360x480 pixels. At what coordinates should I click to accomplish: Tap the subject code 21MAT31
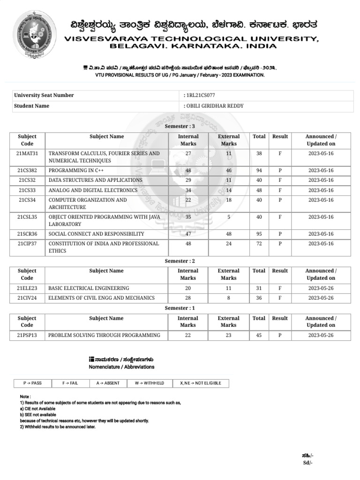click(x=27, y=153)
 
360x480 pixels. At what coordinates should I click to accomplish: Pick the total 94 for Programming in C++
click(x=259, y=171)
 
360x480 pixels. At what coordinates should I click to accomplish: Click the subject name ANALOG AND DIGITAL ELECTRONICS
click(x=93, y=190)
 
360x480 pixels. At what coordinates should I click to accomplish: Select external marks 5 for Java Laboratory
click(x=229, y=217)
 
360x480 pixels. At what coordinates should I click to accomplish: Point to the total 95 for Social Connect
click(x=259, y=234)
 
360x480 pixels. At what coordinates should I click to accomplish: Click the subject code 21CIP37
click(x=27, y=244)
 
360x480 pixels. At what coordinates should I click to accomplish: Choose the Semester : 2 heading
click(x=180, y=261)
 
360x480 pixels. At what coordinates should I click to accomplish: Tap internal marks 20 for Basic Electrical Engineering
click(x=188, y=288)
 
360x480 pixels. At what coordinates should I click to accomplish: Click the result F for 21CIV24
click(x=280, y=298)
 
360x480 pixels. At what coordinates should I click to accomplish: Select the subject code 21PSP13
click(x=27, y=335)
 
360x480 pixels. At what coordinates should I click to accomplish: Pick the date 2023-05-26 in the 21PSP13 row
click(x=321, y=335)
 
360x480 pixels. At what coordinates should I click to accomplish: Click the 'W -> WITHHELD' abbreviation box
click(x=150, y=383)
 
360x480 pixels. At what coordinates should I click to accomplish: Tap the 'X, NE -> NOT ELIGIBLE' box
click(x=201, y=383)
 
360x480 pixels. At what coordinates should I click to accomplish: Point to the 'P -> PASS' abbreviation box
click(x=32, y=383)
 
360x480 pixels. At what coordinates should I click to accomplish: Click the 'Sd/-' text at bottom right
click(x=307, y=463)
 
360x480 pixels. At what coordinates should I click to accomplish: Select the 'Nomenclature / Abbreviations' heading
click(x=121, y=367)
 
